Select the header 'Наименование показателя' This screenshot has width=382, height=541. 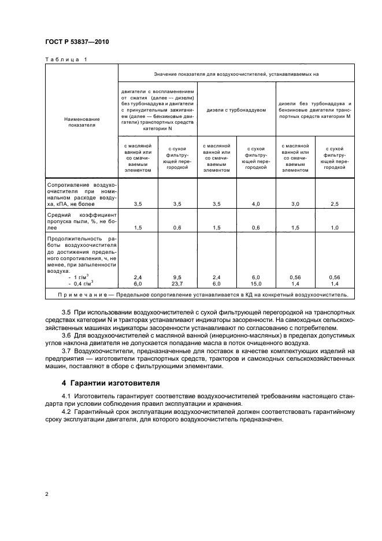pos(81,120)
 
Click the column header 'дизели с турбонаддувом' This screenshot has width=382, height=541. pos(236,110)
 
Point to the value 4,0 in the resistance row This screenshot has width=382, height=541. pos(256,204)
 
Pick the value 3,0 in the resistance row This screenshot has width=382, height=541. pos(295,204)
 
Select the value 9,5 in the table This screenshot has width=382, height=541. pos(177,278)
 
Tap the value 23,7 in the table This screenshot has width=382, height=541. pos(177,284)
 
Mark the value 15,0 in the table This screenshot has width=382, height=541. pos(256,284)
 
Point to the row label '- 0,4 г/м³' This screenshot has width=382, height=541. pos(80,284)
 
